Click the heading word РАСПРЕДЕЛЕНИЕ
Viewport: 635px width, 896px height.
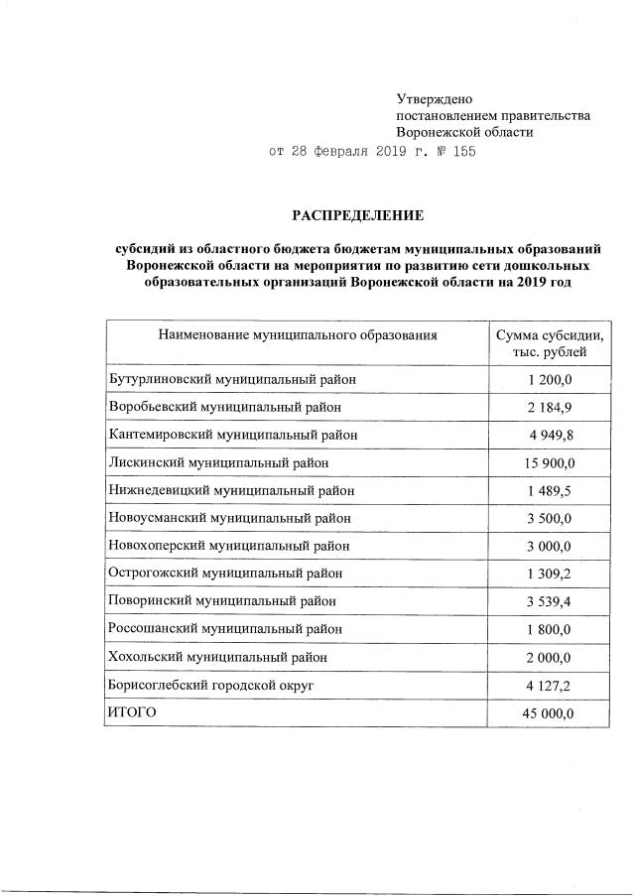(356, 215)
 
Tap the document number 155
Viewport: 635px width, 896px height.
(464, 152)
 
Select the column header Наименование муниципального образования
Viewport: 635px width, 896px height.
(297, 335)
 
